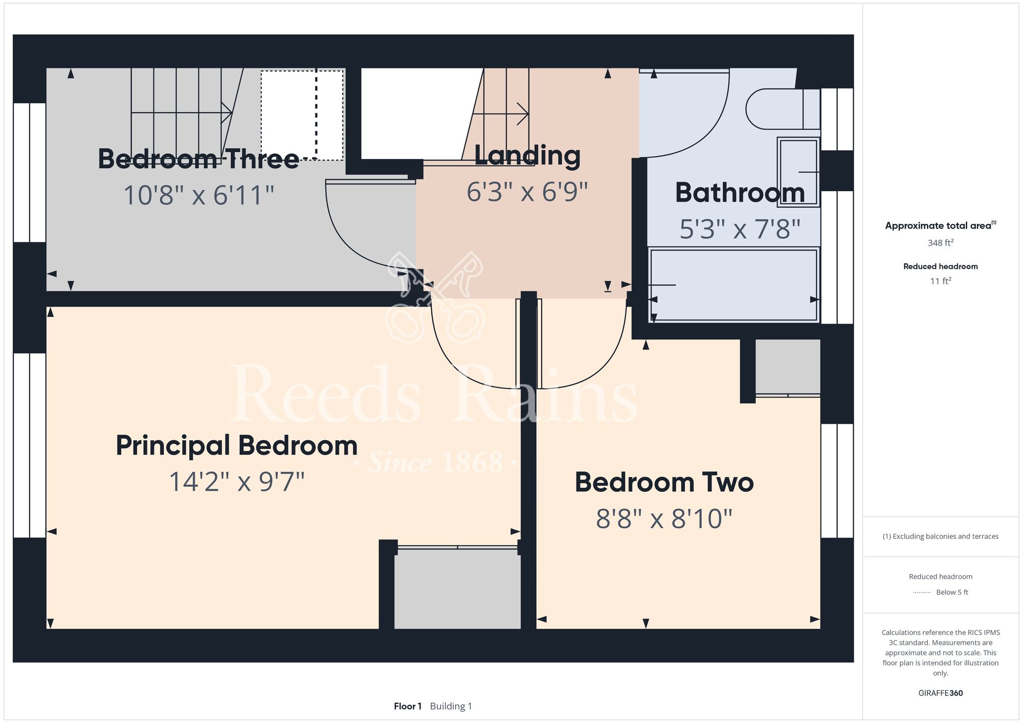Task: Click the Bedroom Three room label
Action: click(x=198, y=159)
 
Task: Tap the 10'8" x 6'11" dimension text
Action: click(x=199, y=195)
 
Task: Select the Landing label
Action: click(x=527, y=155)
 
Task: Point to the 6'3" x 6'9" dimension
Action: click(x=527, y=192)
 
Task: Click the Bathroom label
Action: click(x=740, y=193)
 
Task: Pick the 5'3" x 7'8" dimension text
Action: click(x=740, y=229)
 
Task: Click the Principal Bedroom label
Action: click(x=237, y=446)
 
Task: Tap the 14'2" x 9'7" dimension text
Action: click(x=237, y=482)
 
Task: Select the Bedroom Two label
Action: click(x=664, y=482)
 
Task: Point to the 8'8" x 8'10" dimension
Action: click(x=664, y=518)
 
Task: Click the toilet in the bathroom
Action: click(x=783, y=109)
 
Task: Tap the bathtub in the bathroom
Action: click(x=734, y=285)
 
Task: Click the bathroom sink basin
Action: click(x=798, y=172)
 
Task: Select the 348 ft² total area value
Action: click(x=941, y=243)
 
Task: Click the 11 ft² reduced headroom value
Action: click(x=941, y=281)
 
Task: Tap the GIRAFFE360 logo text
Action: click(x=941, y=693)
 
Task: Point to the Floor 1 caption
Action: click(x=408, y=706)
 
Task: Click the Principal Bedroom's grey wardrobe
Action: click(x=457, y=589)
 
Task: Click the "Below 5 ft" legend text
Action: click(x=952, y=592)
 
